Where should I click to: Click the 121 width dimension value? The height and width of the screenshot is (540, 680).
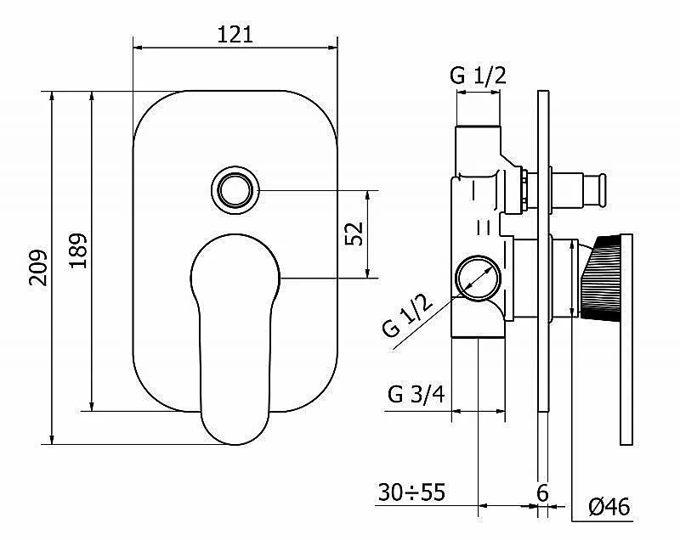coord(235,34)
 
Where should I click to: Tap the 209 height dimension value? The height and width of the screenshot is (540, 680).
coord(38,267)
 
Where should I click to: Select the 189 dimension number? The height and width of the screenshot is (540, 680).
coord(78,250)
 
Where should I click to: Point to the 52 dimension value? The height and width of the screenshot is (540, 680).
coord(354,233)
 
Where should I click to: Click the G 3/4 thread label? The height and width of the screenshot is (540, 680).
coord(416,395)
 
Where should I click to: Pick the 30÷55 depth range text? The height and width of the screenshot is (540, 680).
coord(411,492)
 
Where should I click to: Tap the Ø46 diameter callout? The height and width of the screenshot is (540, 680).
coord(609,507)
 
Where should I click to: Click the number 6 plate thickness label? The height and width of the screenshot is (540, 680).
coord(542,492)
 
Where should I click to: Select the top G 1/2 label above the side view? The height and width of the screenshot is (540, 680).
coord(479,76)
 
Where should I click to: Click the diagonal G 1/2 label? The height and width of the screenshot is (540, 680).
coord(408,314)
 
